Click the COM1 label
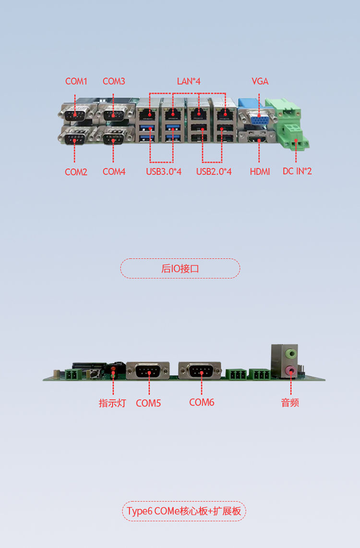click(76, 81)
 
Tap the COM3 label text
click(114, 81)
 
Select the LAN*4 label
click(189, 81)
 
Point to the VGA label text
click(260, 81)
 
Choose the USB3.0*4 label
click(164, 172)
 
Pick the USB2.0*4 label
click(214, 172)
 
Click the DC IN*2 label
click(297, 171)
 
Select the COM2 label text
click(76, 172)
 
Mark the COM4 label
click(114, 172)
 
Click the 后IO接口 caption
click(180, 268)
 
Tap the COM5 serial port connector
click(148, 371)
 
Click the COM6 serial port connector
click(200, 371)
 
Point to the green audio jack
click(290, 353)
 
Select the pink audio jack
click(290, 371)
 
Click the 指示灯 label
click(112, 403)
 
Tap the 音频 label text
click(290, 403)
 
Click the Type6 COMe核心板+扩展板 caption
click(184, 511)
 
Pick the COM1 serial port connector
click(75, 113)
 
